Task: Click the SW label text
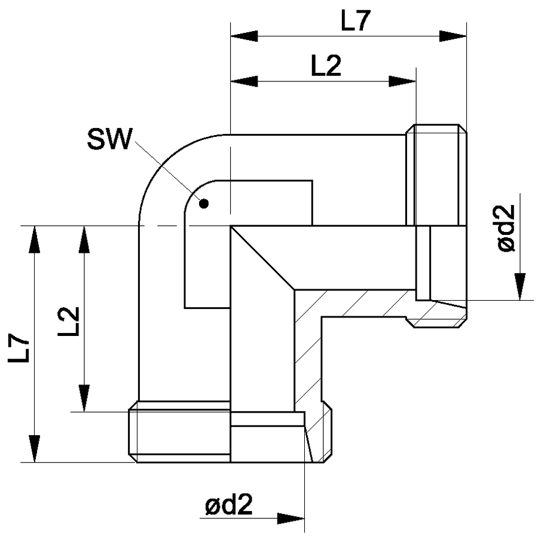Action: point(109,139)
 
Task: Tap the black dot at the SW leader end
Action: point(204,204)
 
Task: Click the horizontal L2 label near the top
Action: point(326,66)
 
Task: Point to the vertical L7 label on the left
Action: point(19,349)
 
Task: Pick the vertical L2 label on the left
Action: point(69,322)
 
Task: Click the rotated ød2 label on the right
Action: point(506,228)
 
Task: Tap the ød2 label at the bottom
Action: point(229,505)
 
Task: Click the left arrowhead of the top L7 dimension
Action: point(244,36)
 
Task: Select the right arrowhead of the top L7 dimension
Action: point(453,36)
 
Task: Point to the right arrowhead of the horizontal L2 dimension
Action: point(402,82)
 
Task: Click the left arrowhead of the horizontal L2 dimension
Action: point(244,82)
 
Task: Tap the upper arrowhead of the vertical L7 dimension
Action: point(34,240)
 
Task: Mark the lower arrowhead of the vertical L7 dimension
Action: point(34,449)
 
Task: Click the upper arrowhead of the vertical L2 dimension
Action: point(84,240)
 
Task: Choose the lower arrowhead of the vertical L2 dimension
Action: point(84,398)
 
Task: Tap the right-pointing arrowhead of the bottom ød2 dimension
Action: point(291,518)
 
